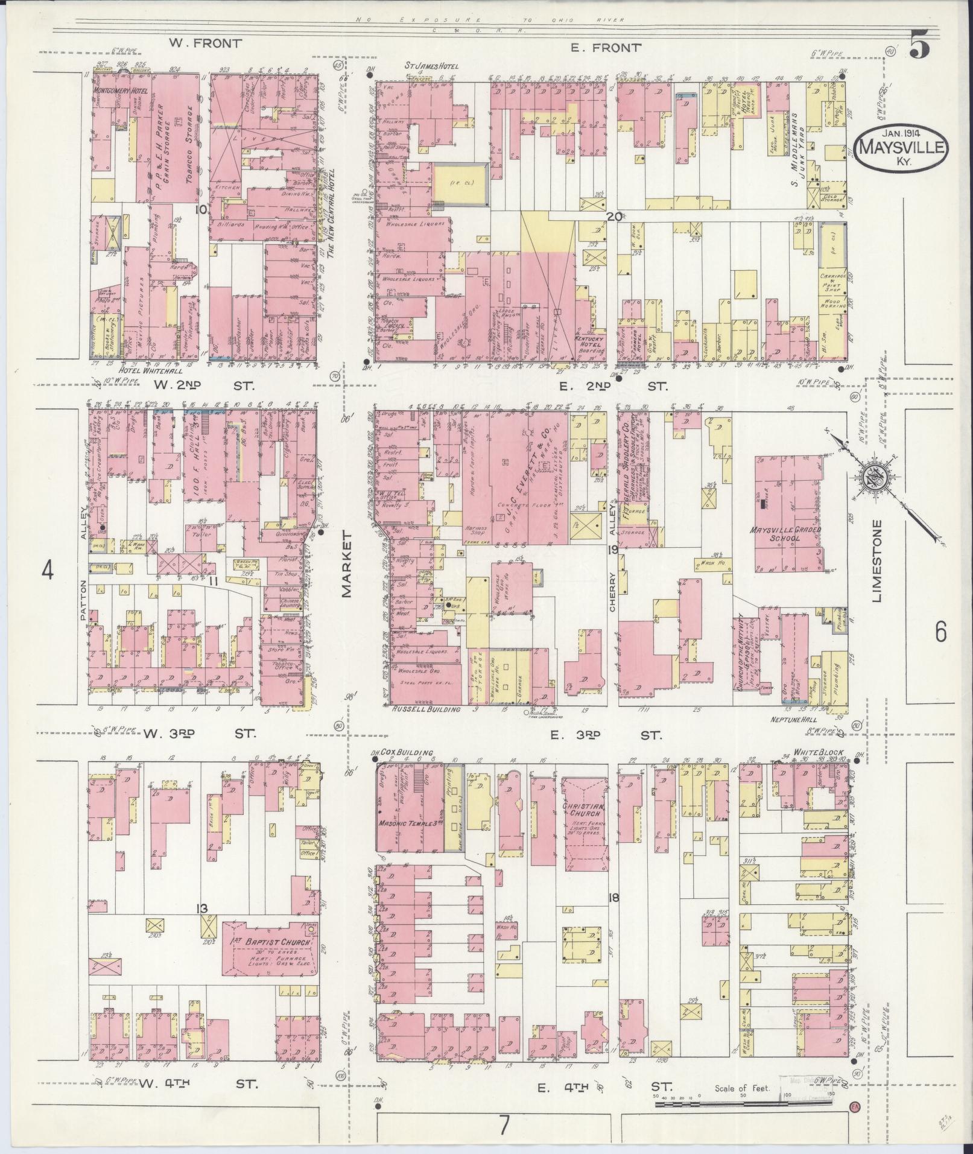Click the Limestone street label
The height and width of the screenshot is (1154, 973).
pyautogui.click(x=876, y=561)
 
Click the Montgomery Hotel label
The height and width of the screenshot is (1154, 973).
pyautogui.click(x=121, y=90)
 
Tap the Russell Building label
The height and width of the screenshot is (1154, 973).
pyautogui.click(x=426, y=709)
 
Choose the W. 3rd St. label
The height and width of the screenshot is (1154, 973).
pyautogui.click(x=199, y=734)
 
